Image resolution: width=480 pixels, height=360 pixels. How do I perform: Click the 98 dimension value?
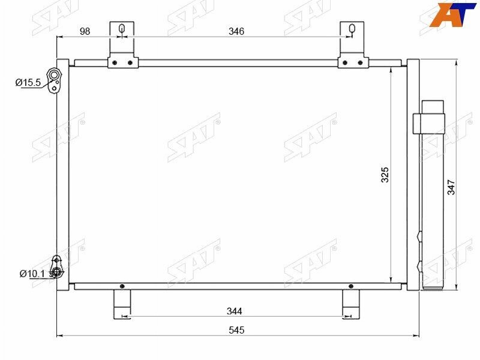[85, 31]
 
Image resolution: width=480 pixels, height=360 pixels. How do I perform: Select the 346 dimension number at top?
[236, 31]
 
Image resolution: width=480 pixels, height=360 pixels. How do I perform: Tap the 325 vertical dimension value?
[385, 175]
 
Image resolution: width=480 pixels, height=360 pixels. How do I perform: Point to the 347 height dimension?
[451, 187]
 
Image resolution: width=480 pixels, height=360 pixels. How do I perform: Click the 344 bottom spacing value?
[234, 311]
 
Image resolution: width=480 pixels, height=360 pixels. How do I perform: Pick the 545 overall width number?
[236, 330]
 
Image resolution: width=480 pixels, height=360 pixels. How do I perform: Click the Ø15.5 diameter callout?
[28, 82]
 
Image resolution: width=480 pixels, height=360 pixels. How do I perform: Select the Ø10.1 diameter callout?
[32, 274]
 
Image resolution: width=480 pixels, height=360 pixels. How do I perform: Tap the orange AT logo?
[452, 14]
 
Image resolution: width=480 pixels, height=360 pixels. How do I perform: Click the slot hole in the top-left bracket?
[122, 29]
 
